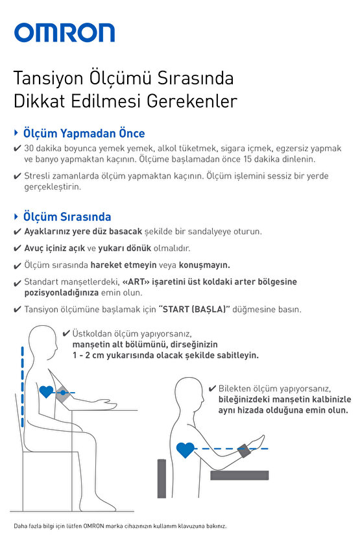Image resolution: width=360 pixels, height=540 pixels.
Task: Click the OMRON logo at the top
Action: coord(64,32)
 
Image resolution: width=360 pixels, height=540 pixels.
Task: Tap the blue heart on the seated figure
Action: coord(47,392)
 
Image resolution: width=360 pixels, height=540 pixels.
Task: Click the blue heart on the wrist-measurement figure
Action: coord(185,448)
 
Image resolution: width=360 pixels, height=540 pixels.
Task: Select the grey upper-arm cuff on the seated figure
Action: coord(63,392)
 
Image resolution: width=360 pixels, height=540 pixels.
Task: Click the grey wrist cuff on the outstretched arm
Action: coord(246,448)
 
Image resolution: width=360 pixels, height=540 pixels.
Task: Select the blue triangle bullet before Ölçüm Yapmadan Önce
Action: coord(16,133)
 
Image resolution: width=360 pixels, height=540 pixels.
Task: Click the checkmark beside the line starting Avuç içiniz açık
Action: coord(17,249)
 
